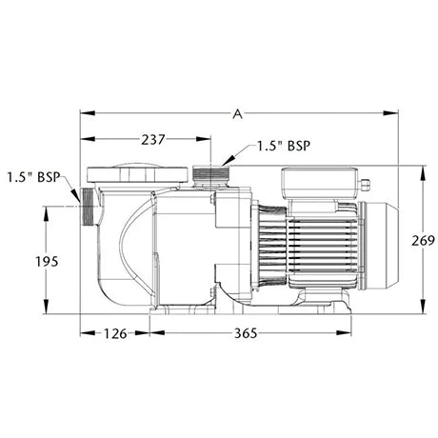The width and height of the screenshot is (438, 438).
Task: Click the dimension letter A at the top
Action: tap(237, 113)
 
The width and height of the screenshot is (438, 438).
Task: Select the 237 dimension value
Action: tap(153, 139)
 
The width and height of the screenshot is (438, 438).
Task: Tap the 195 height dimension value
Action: tap(47, 262)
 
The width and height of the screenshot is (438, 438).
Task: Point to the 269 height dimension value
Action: tap(423, 241)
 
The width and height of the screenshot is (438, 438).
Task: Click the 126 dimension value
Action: tap(115, 333)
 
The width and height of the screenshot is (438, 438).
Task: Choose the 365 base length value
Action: tap(246, 333)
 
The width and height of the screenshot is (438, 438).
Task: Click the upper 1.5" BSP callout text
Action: tap(283, 146)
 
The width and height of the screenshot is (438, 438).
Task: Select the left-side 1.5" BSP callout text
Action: tap(34, 177)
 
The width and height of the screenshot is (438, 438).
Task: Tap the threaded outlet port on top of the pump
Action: tap(211, 176)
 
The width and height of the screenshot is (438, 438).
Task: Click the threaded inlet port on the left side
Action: tap(90, 207)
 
